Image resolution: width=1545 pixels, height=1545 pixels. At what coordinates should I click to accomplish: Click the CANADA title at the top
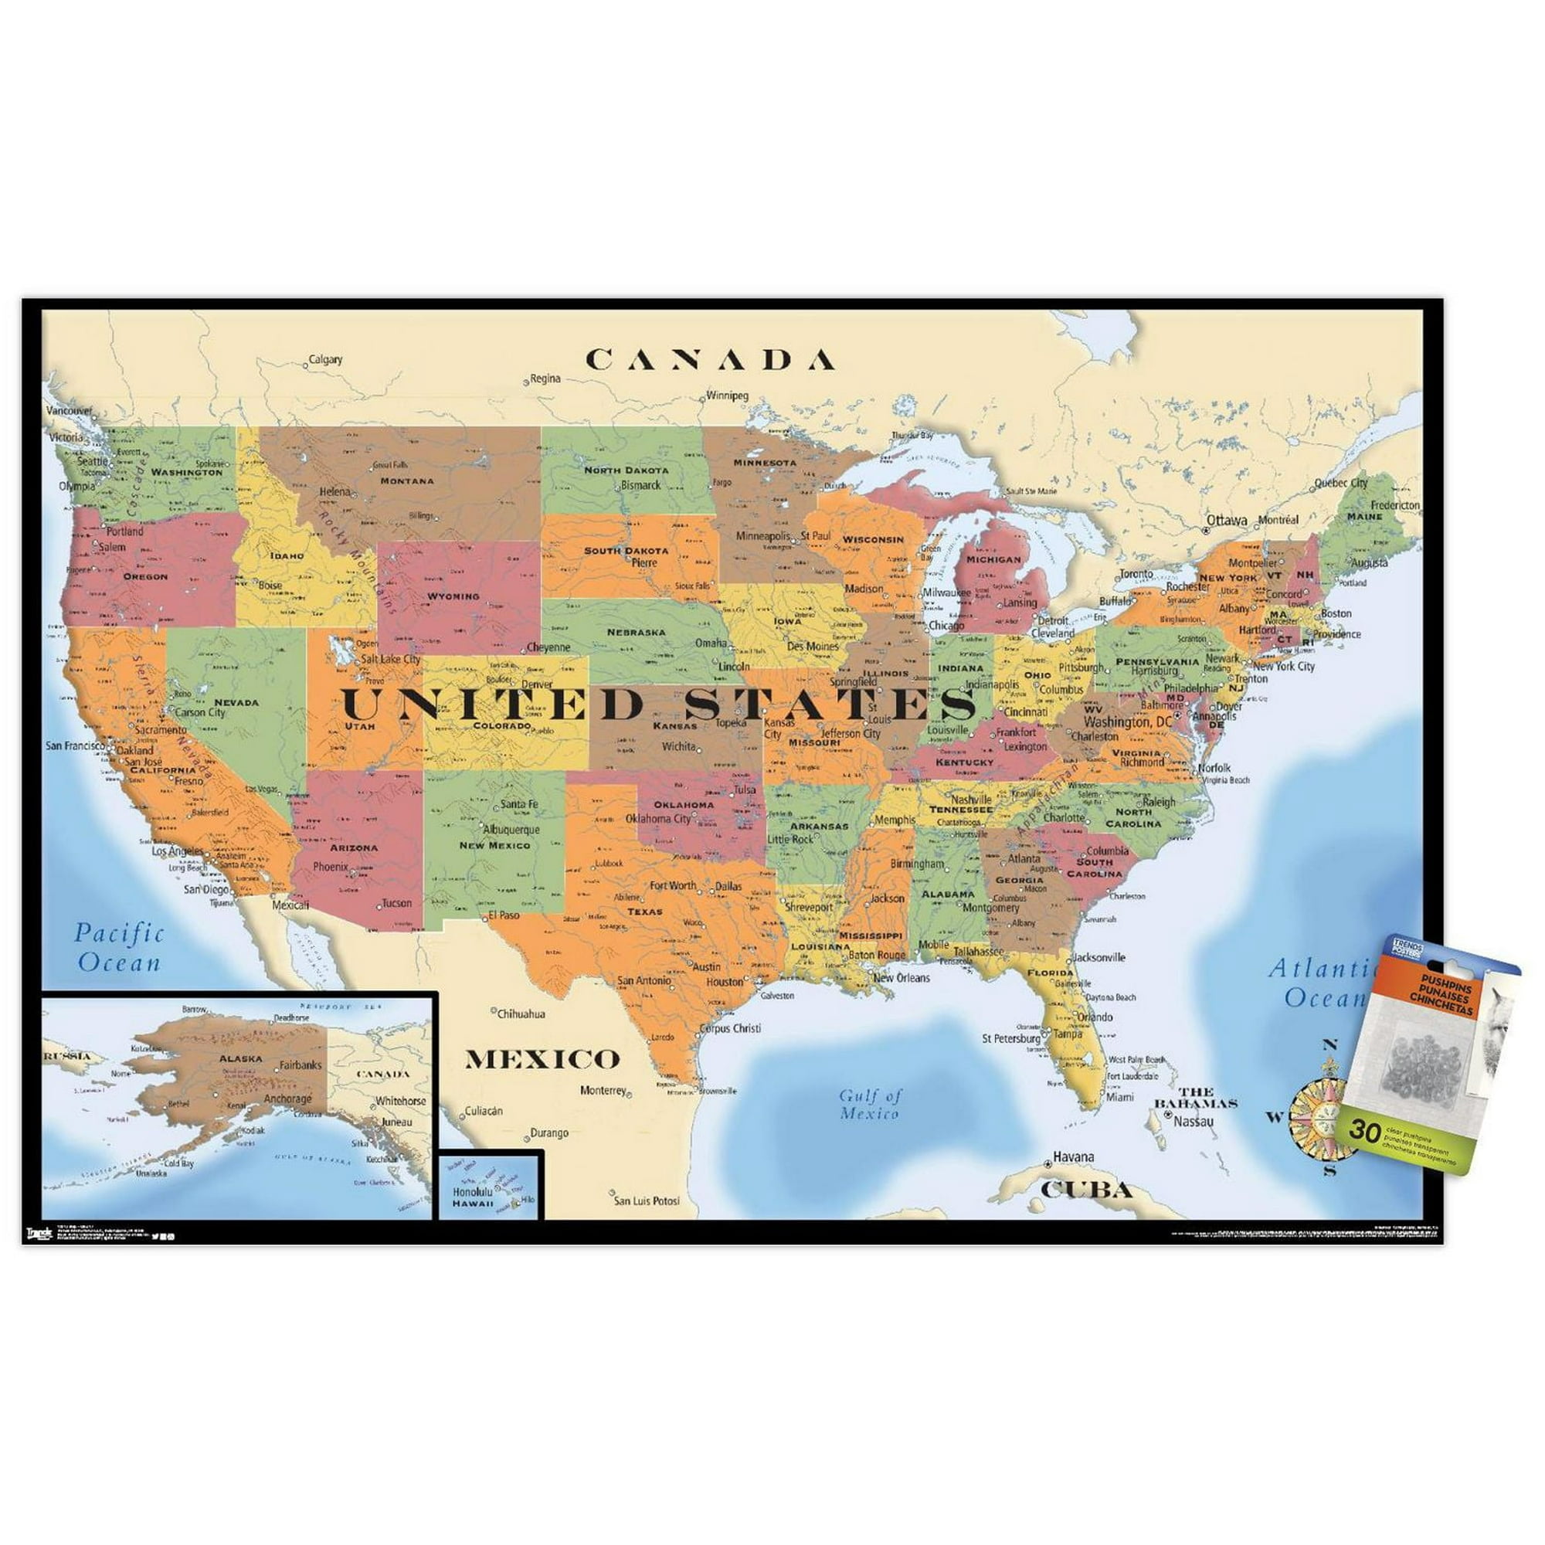coord(710,360)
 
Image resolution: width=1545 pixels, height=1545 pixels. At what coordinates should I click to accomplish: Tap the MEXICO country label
coord(542,1060)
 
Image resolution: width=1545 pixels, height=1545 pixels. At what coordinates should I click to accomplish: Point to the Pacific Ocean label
coord(119,948)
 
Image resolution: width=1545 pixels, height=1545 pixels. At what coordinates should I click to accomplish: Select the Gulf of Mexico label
coord(870,1105)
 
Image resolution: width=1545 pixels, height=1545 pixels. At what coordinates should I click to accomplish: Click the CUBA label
coord(1087,1190)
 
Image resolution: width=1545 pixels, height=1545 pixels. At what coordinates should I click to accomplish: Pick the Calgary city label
coord(325,360)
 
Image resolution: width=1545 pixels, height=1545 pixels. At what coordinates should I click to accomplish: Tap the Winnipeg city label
coord(727,395)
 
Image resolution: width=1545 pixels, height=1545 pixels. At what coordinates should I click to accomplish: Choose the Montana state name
coord(407,480)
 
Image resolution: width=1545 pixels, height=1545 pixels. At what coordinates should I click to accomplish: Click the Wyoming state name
coord(453,596)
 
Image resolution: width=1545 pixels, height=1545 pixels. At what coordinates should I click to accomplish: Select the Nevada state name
coord(236,702)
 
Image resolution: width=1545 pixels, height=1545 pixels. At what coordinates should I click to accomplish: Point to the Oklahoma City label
coord(657,818)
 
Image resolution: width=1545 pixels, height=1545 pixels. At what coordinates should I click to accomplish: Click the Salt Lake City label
coord(390,659)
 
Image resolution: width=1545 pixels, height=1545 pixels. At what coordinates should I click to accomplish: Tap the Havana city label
coord(1073,1157)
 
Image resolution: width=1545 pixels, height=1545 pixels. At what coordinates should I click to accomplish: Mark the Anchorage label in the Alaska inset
coord(287,1098)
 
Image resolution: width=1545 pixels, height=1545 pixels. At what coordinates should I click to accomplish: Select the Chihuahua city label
coord(521,1014)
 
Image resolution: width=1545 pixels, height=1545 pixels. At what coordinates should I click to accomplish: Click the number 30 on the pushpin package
coord(1364,1131)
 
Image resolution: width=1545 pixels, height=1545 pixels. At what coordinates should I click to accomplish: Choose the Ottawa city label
coord(1226,520)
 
